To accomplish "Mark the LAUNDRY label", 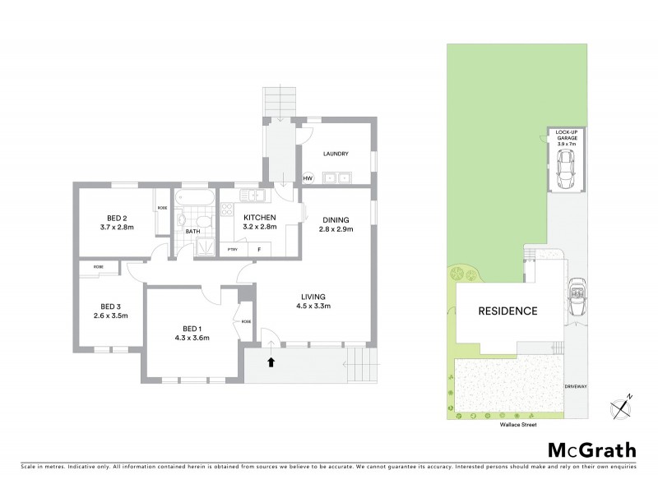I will point(336,154).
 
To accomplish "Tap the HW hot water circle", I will point(308,177).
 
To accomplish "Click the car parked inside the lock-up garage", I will point(565,170).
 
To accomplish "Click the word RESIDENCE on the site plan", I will point(508,311).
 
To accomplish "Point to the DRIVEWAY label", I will point(575,385).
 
